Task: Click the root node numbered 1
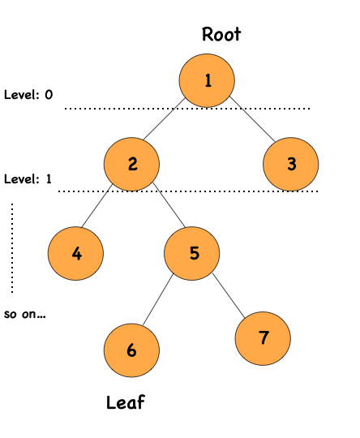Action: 208,79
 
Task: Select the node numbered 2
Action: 131,164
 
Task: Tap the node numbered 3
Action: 291,164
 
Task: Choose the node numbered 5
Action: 193,252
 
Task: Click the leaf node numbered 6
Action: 131,350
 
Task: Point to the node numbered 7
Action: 264,337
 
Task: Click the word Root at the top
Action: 221,34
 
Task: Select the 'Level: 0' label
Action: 28,95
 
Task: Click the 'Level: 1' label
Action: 28,178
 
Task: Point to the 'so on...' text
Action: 24,313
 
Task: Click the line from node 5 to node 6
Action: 161,302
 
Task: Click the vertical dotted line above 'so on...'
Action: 12,247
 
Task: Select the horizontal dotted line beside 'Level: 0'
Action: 186,108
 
